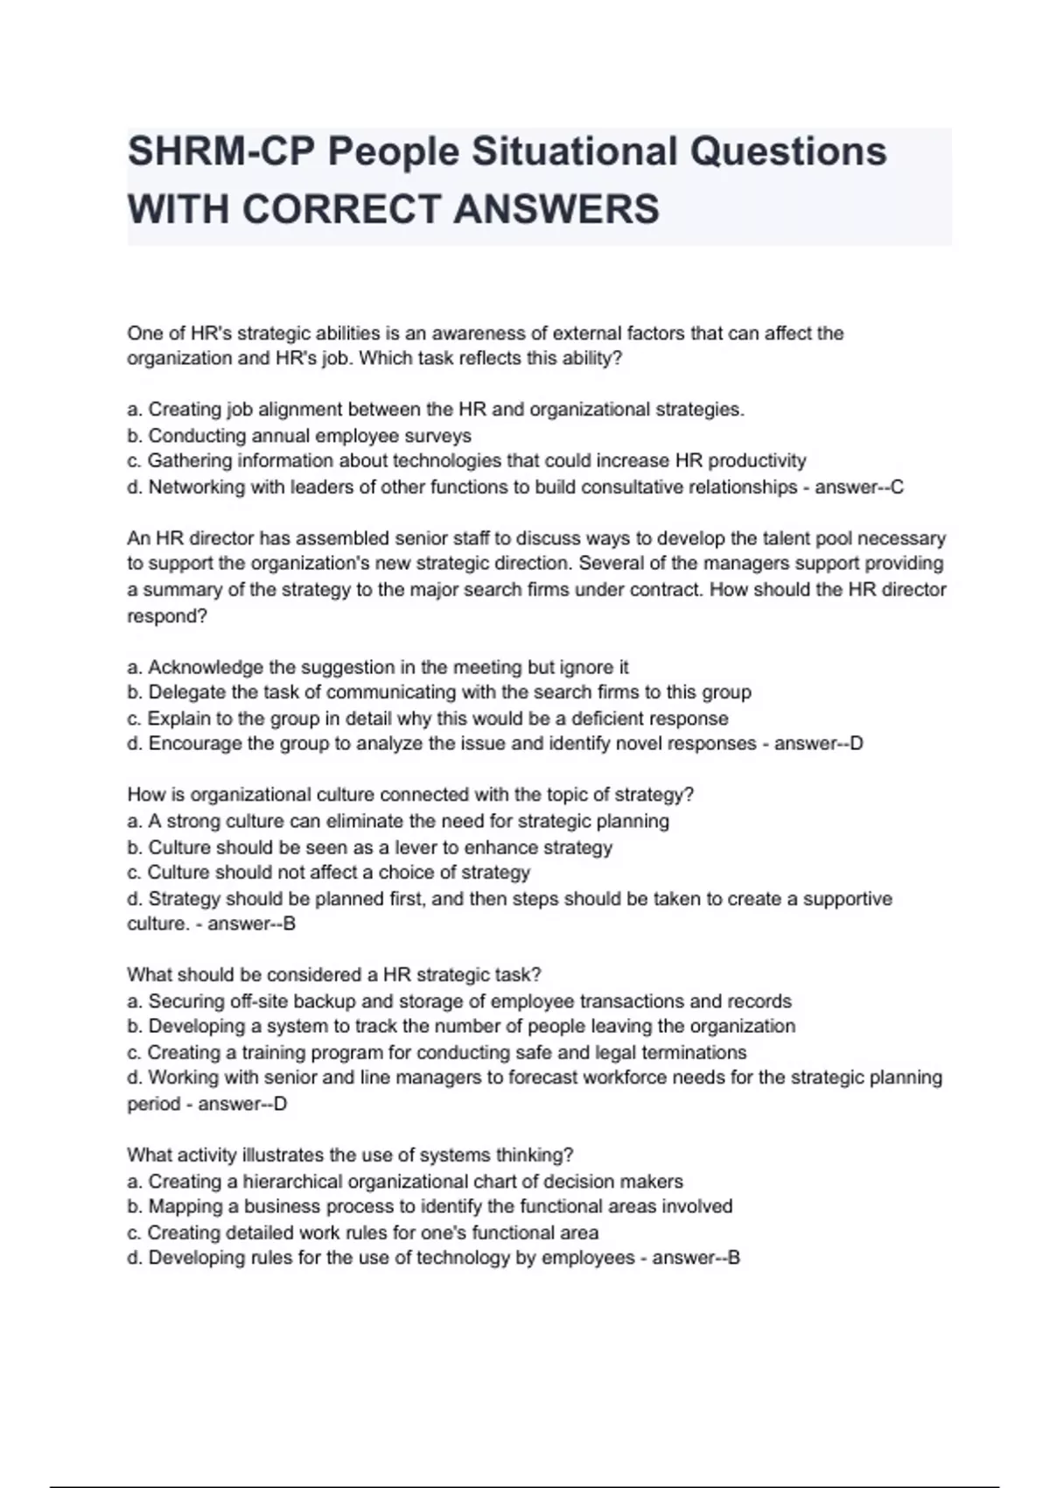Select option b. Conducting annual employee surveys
pyautogui.click(x=299, y=436)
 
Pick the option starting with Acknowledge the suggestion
pyautogui.click(x=378, y=667)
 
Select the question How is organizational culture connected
pyautogui.click(x=410, y=795)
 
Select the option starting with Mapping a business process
pyautogui.click(x=430, y=1206)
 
